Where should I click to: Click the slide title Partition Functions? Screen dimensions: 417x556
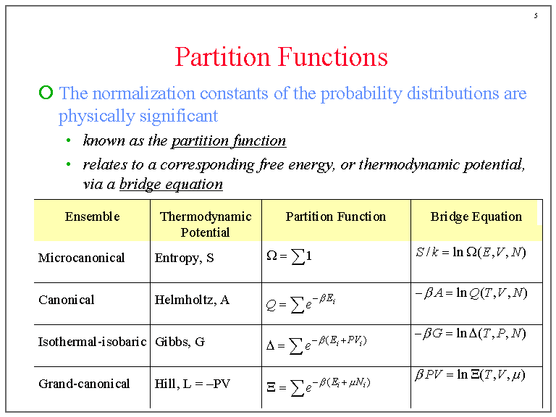click(x=282, y=57)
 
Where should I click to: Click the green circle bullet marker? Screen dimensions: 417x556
click(x=46, y=93)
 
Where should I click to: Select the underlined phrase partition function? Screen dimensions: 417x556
click(x=229, y=140)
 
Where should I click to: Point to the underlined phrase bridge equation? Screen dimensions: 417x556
click(x=171, y=184)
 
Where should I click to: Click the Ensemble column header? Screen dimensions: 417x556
click(x=92, y=216)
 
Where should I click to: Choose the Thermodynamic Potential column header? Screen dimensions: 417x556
click(x=206, y=224)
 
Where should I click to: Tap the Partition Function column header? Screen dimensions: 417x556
click(x=336, y=216)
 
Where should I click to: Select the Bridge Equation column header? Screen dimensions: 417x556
click(x=476, y=216)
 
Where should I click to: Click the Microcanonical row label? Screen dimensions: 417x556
click(x=81, y=258)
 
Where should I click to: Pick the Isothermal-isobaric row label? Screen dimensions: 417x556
click(x=92, y=341)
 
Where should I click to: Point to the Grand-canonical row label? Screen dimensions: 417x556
click(x=84, y=383)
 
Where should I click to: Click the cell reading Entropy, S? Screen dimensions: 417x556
click(x=184, y=258)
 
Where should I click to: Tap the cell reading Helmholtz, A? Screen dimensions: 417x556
click(x=192, y=300)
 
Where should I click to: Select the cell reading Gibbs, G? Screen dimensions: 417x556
click(x=180, y=341)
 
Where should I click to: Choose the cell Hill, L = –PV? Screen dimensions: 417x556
click(x=193, y=383)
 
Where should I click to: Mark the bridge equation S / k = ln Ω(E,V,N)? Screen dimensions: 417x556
click(x=471, y=253)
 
